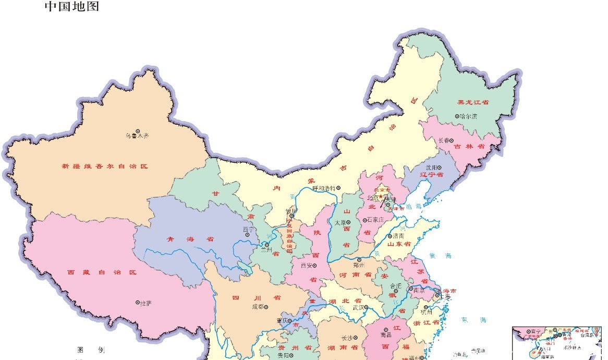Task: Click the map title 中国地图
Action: pos(71,7)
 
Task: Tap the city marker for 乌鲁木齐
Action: pos(138,131)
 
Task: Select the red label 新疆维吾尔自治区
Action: pos(105,166)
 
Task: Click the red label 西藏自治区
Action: pos(102,272)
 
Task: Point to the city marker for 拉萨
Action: pos(138,302)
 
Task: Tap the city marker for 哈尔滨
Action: pos(457,116)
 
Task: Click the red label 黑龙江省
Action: pos(472,102)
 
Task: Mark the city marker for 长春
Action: pos(452,140)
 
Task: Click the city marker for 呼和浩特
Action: pos(338,188)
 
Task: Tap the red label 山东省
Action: pos(399,244)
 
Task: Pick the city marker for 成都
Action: pos(266,307)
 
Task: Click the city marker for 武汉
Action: pos(366,307)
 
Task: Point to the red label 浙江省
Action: pos(425,323)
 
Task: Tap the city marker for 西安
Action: pos(314,265)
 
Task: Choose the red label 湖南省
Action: pos(343,347)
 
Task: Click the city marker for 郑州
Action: pos(359,259)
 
